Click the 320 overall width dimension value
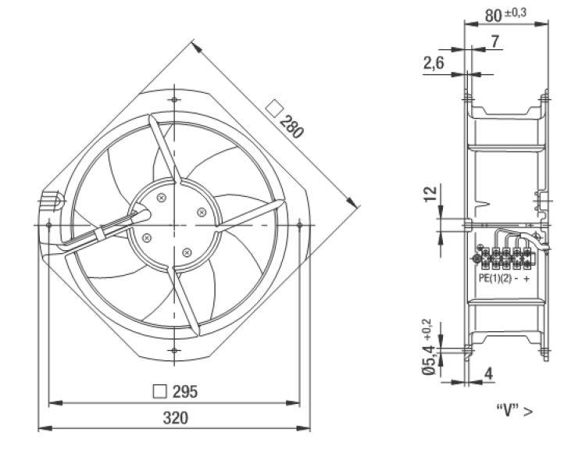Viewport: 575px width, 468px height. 175,418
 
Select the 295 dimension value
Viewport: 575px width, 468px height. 185,391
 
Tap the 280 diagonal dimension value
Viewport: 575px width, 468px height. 292,127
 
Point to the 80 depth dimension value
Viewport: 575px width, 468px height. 493,16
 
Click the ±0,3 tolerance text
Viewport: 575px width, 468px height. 515,13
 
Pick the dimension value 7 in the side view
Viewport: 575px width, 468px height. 495,41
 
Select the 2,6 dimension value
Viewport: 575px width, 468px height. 434,63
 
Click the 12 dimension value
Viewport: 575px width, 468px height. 430,194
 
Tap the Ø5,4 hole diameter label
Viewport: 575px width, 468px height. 429,360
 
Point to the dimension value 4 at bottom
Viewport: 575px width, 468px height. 488,373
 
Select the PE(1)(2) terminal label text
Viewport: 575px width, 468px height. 495,278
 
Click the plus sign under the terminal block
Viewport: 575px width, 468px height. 527,279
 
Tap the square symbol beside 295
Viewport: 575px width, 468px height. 159,391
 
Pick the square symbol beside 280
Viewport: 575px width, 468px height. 274,109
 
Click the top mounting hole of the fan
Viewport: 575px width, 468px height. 174,100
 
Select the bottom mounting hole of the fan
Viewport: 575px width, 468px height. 174,351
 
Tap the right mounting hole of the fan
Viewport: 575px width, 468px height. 299,225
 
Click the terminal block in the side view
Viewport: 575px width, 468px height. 504,259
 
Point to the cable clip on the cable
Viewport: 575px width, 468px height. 100,234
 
